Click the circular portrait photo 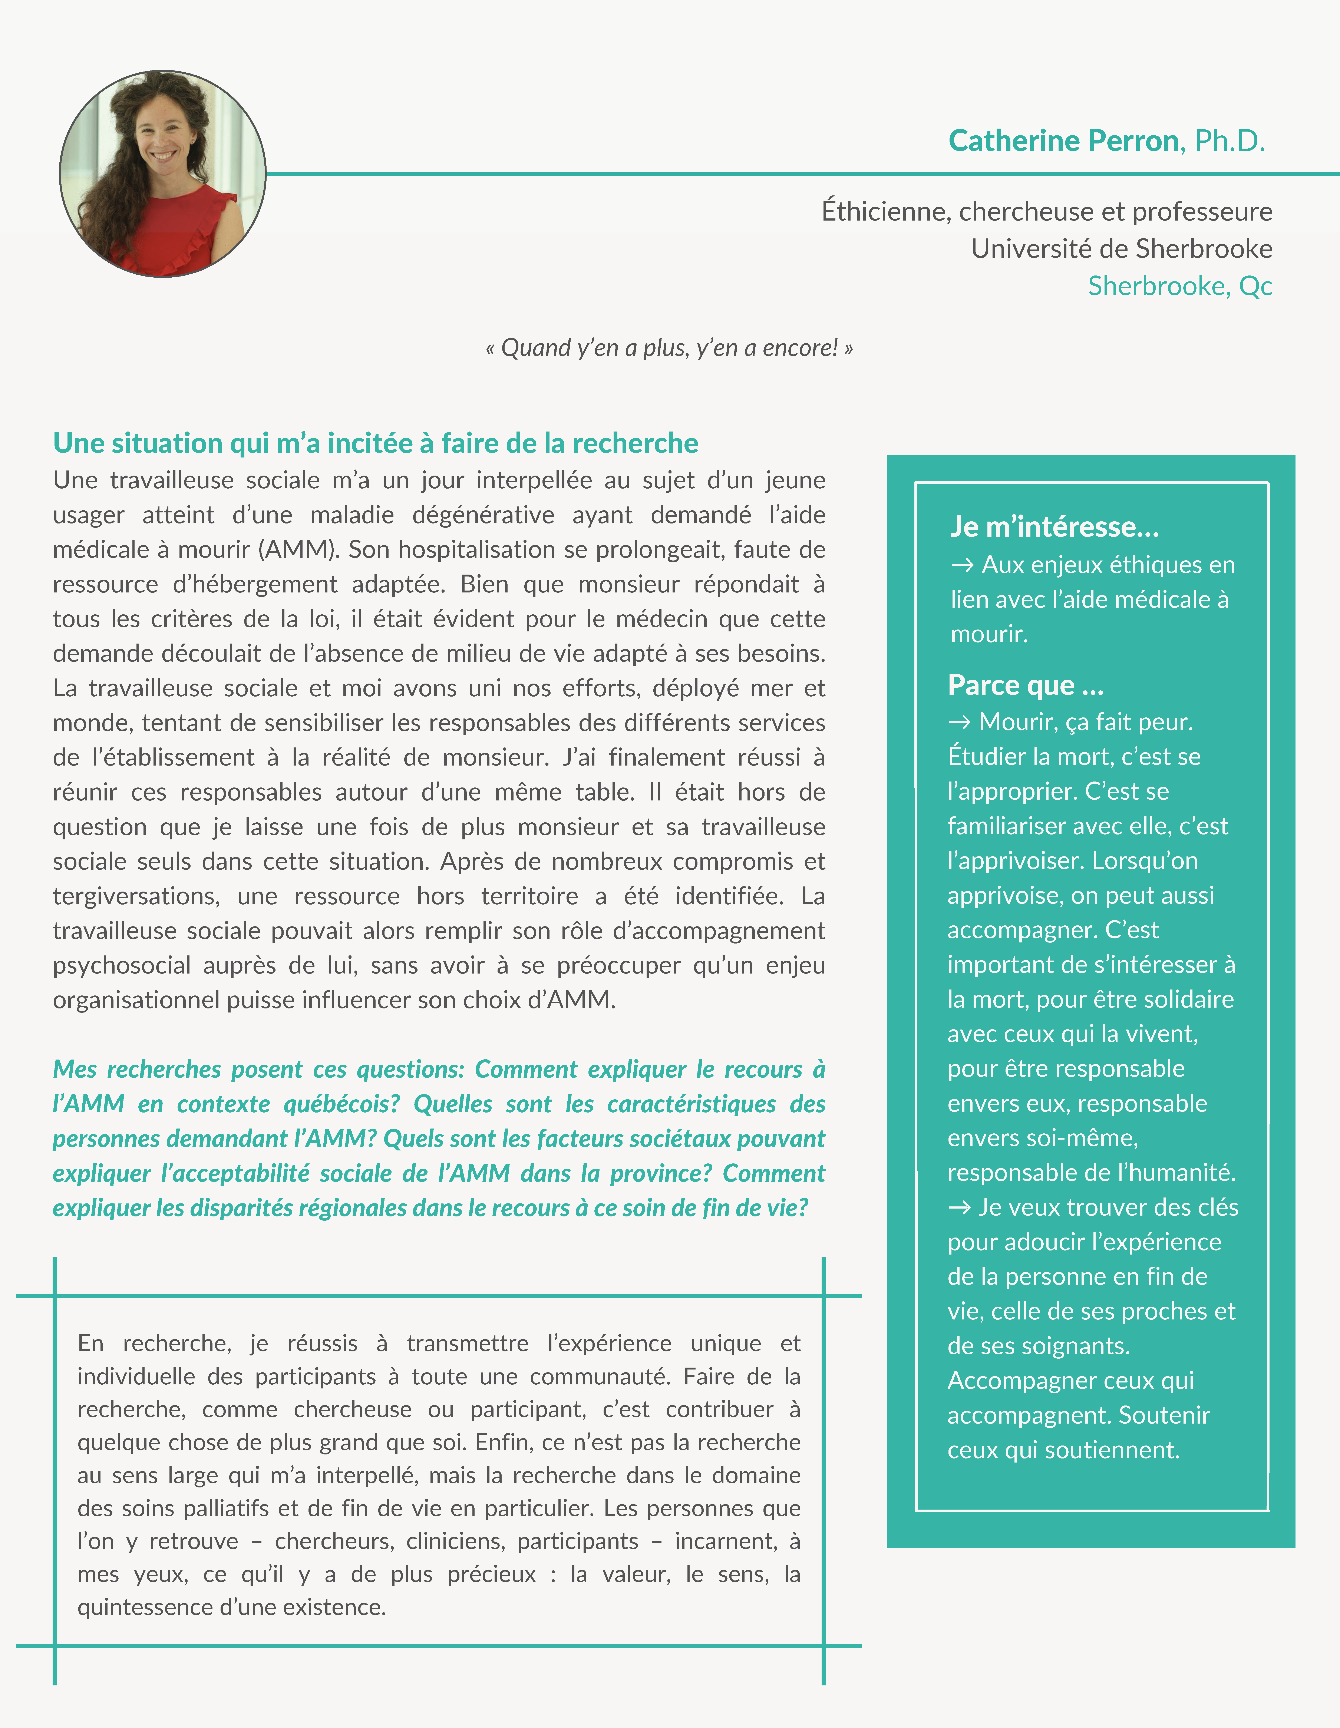163,174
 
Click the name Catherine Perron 1063,141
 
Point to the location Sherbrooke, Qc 1179,286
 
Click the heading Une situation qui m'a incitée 375,443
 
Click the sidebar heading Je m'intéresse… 1054,526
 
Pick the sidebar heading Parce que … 1025,685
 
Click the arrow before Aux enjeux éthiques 963,565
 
